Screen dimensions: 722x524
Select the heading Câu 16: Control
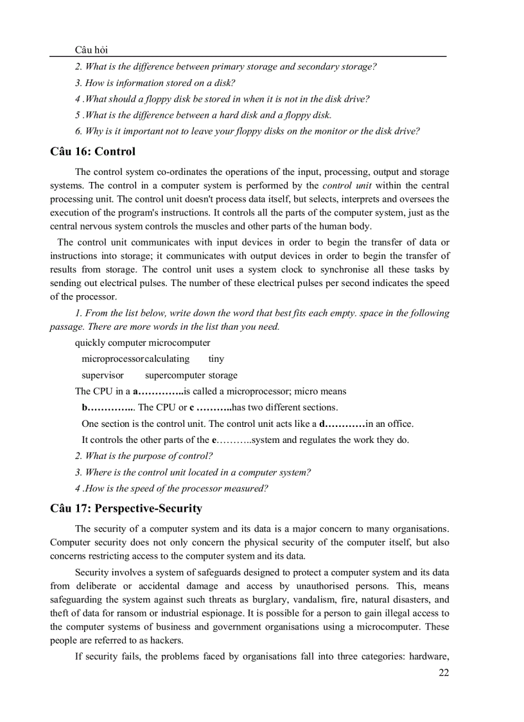[92, 152]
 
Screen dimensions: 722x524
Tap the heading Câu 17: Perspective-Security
[126, 509]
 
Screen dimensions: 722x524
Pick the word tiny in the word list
[216, 359]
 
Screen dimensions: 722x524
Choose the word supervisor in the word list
[103, 375]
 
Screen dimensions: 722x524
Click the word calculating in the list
[167, 359]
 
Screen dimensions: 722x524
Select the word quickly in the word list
[90, 343]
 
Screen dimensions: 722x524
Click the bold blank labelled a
[157, 391]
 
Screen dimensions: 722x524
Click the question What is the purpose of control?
[144, 456]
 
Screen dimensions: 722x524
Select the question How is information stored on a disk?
[155, 82]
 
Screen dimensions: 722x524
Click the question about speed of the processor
[171, 488]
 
